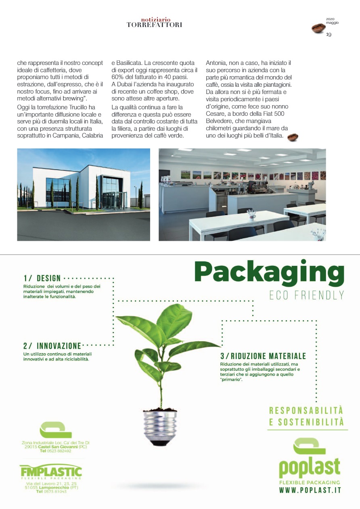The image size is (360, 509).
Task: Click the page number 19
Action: [329, 35]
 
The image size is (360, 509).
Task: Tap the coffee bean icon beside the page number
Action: [318, 28]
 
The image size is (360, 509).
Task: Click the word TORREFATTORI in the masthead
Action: [154, 25]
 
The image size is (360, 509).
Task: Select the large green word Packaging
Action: [269, 274]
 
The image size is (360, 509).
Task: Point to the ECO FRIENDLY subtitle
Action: [307, 295]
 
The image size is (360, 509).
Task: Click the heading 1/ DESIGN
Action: [42, 278]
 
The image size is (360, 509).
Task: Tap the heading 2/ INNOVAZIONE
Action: [52, 346]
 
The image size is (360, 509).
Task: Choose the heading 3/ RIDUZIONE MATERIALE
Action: [263, 356]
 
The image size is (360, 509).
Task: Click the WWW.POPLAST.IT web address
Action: [310, 490]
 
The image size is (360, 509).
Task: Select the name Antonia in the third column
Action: [218, 63]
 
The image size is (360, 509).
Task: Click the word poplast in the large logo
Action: [310, 467]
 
